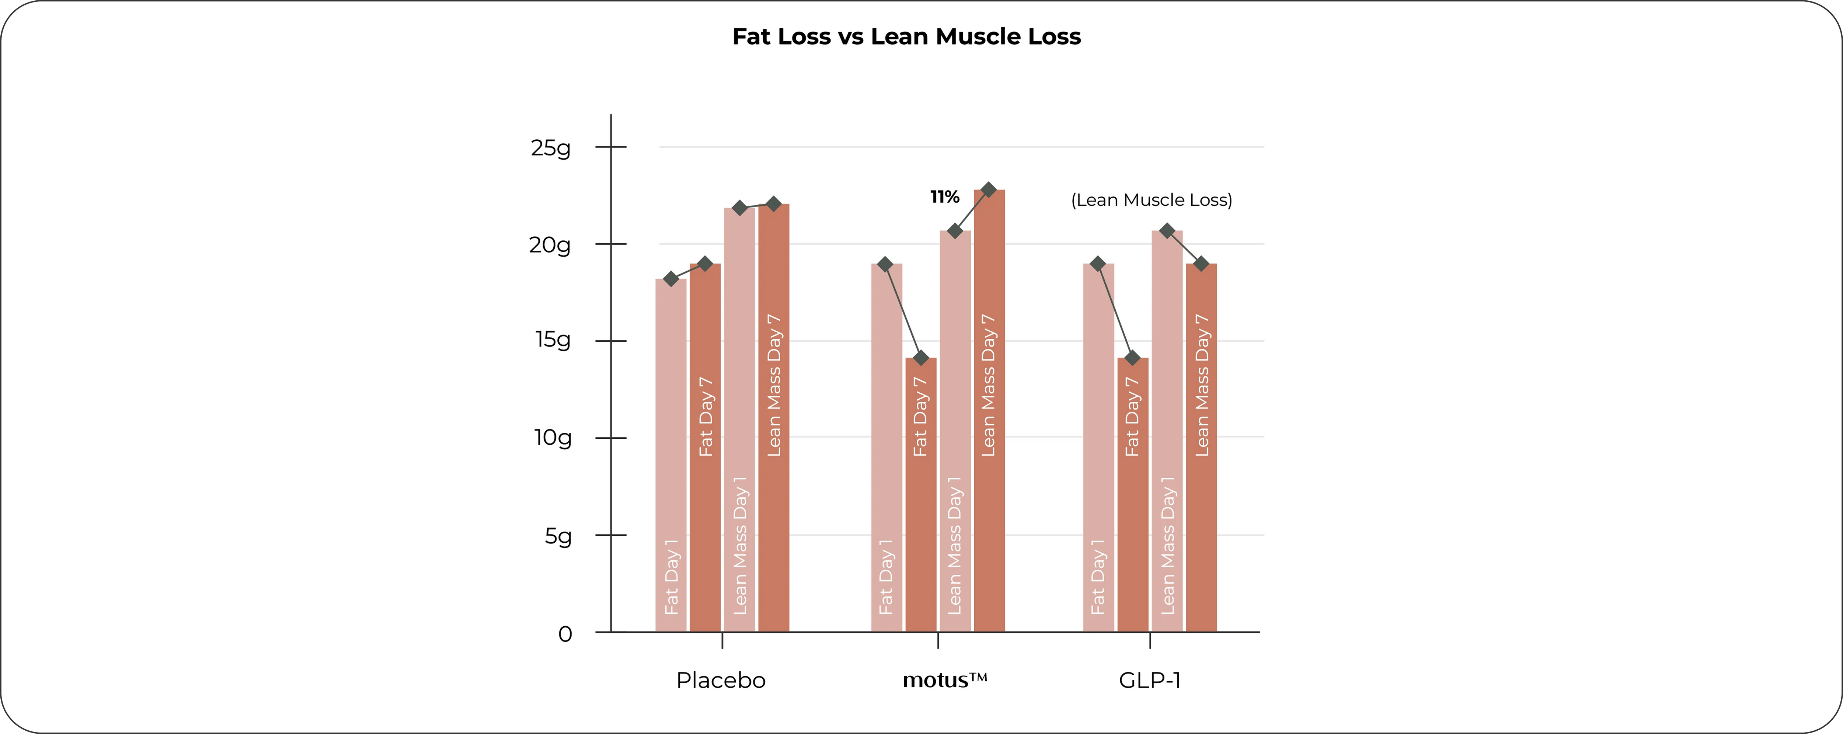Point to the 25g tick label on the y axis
[x=551, y=148]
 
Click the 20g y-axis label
[x=550, y=246]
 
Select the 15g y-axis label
[x=553, y=339]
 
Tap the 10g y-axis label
[x=553, y=437]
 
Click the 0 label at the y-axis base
[x=565, y=634]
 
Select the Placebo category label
[x=721, y=680]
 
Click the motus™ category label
[x=944, y=680]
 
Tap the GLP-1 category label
[x=1150, y=680]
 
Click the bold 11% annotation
[x=944, y=197]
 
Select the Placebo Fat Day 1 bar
[x=671, y=458]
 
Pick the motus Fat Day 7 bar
[x=921, y=501]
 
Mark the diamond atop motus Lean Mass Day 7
[x=989, y=189]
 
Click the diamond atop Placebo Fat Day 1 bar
[x=671, y=278]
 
